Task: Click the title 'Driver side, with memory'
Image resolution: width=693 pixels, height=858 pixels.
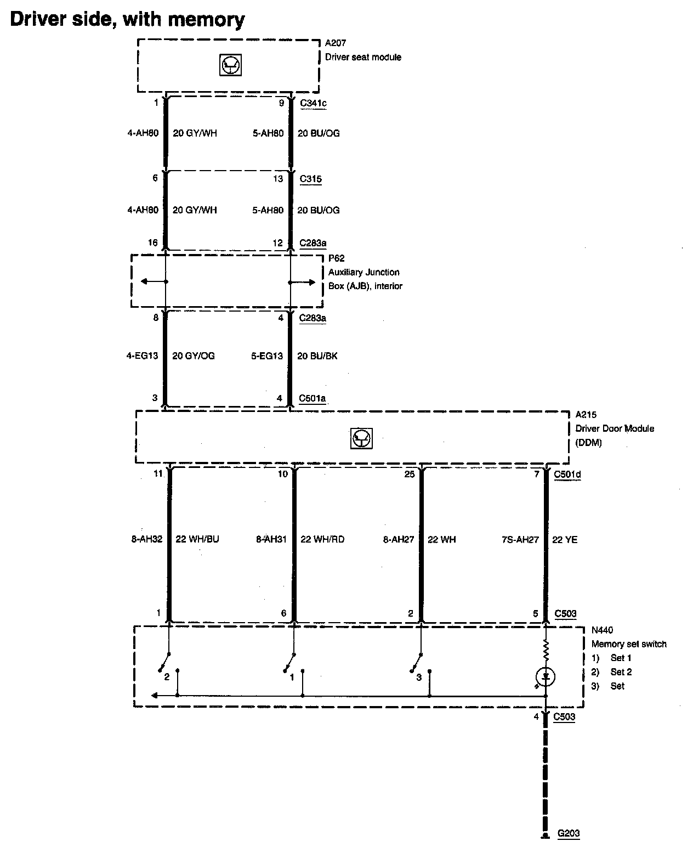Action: click(x=127, y=19)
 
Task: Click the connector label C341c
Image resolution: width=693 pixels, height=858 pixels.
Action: click(x=313, y=103)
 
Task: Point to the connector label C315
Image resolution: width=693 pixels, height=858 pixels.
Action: click(x=310, y=179)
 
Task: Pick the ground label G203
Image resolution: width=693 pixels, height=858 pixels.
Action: click(x=569, y=833)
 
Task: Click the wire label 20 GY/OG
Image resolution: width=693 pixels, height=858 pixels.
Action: click(x=194, y=355)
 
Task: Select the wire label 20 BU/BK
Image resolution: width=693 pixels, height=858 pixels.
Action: click(x=317, y=355)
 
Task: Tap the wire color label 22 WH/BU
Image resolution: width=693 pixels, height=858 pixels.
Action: click(x=197, y=539)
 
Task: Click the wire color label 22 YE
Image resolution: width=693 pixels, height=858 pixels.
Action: click(x=565, y=539)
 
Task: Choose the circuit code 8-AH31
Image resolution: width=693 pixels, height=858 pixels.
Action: click(x=271, y=539)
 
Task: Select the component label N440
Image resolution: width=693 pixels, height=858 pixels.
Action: click(x=603, y=630)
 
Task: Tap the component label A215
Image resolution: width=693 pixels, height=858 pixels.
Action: click(x=586, y=415)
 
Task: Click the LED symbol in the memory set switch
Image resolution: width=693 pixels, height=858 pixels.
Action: click(x=546, y=676)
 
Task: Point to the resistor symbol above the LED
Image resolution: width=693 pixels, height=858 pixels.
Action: click(x=546, y=651)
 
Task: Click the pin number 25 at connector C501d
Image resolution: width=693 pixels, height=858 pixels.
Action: click(x=410, y=474)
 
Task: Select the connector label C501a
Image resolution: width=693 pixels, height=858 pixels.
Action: click(x=313, y=398)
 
